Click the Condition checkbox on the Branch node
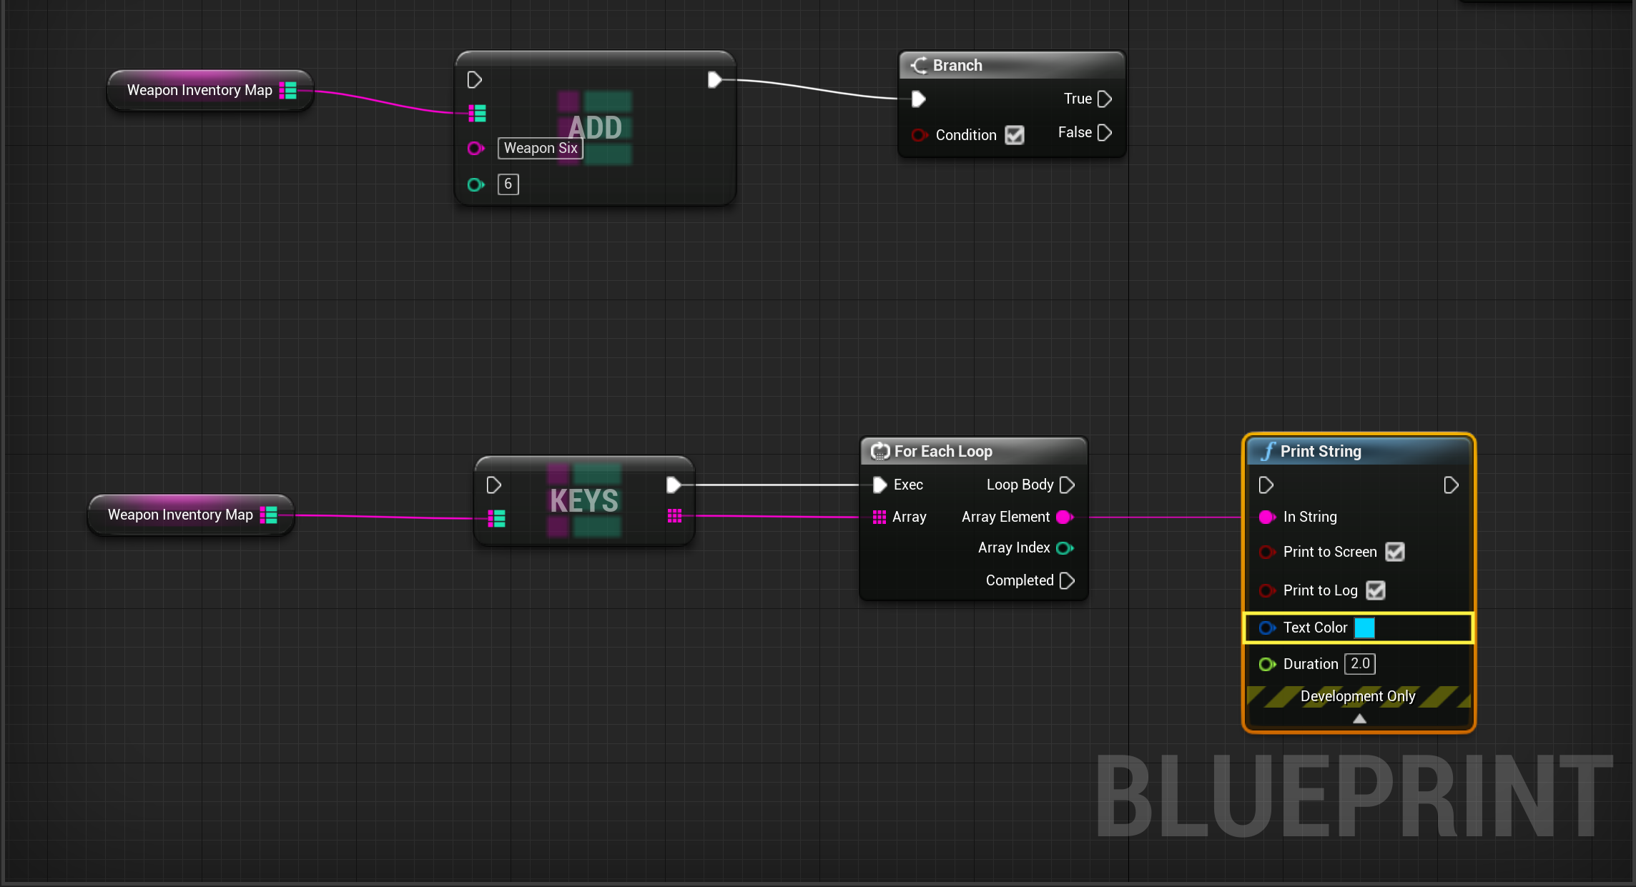tap(1014, 135)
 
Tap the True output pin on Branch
tap(1104, 99)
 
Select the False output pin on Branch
tap(1104, 132)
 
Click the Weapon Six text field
tap(541, 148)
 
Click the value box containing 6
tap(508, 184)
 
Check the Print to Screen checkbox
tap(1394, 552)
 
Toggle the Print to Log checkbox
tap(1375, 590)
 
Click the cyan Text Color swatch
tap(1364, 628)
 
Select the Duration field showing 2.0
tap(1360, 664)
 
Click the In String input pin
tap(1266, 517)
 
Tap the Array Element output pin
tap(1065, 517)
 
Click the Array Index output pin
tap(1065, 548)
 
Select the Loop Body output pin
tap(1067, 485)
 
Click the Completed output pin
tap(1067, 580)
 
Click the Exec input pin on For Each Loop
tap(879, 485)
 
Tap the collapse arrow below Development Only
tap(1359, 718)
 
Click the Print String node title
tap(1321, 451)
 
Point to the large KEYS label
tap(584, 500)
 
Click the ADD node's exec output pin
tap(714, 79)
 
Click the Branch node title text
tap(957, 65)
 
